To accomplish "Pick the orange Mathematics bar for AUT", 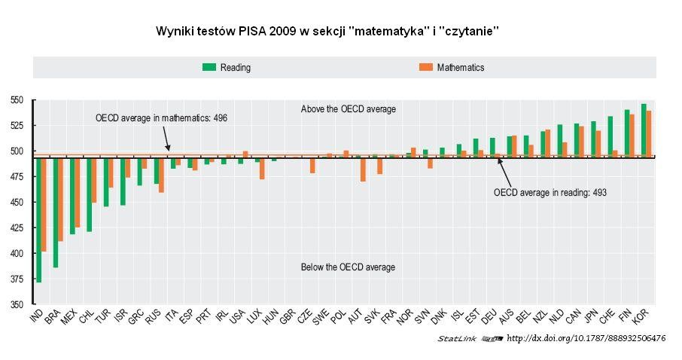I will pyautogui.click(x=363, y=169).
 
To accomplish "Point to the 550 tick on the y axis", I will pyautogui.click(x=17, y=100).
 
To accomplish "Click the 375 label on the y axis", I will pyautogui.click(x=17, y=279).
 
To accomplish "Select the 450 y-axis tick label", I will pyautogui.click(x=17, y=203).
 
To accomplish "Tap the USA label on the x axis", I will pyautogui.click(x=236, y=318).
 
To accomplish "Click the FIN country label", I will pyautogui.click(x=623, y=317).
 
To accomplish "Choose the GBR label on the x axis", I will pyautogui.click(x=287, y=318).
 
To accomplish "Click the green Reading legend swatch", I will pyautogui.click(x=209, y=67).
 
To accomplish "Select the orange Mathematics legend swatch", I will pyautogui.click(x=426, y=67).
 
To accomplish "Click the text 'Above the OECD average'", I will pyautogui.click(x=348, y=109).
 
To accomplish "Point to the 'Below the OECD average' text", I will pyautogui.click(x=348, y=267).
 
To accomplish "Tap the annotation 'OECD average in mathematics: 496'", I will pyautogui.click(x=161, y=118).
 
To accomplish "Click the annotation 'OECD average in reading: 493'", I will pyautogui.click(x=550, y=193).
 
